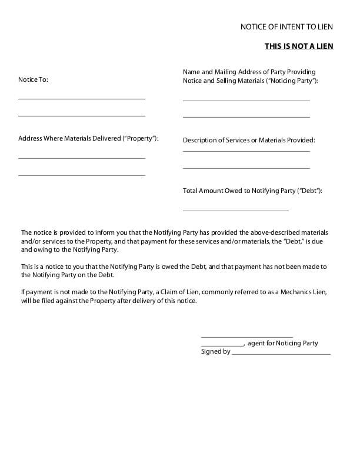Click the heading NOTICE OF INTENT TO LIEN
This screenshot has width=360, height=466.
286,27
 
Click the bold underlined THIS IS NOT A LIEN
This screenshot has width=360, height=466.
299,45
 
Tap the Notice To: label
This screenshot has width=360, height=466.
33,79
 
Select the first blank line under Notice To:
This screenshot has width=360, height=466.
82,99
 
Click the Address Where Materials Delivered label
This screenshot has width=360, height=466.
88,139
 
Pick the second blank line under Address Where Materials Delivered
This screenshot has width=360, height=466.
82,175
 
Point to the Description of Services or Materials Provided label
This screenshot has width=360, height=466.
249,140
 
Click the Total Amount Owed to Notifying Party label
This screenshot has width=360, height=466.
252,191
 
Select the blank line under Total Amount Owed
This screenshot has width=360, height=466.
236,210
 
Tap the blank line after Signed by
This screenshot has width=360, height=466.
281,354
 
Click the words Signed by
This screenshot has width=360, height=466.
215,352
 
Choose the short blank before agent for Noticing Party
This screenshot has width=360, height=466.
222,345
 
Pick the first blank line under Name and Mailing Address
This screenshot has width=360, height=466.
246,101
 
